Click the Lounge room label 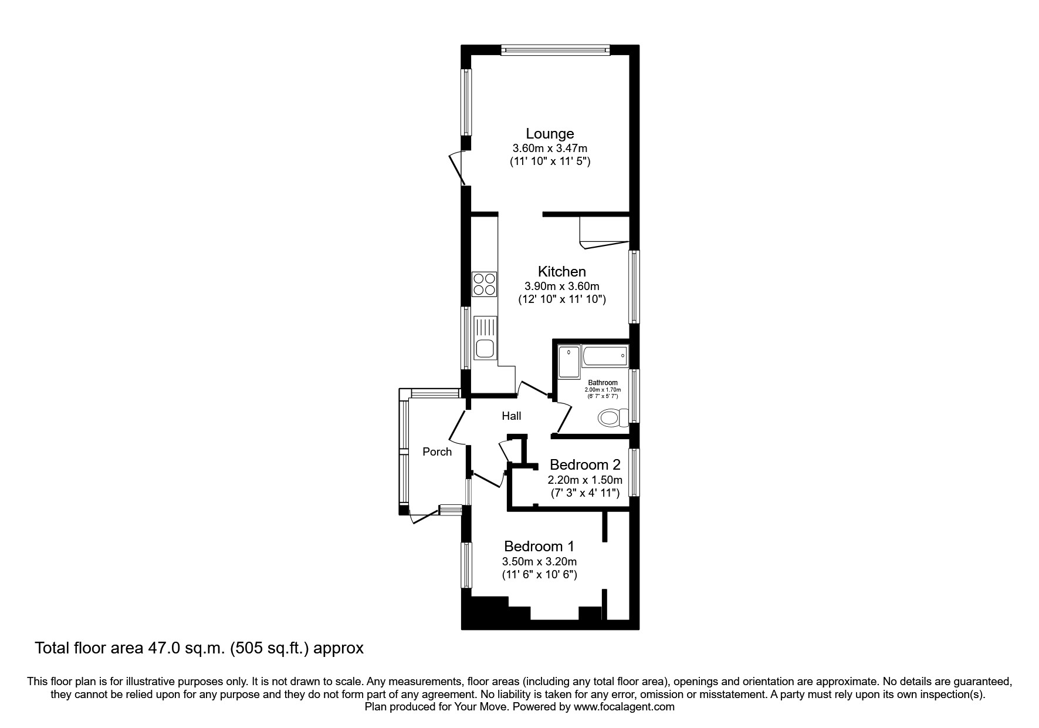coord(549,133)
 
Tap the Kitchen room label coord(561,271)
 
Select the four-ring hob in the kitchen coord(485,284)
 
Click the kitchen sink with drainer coord(485,338)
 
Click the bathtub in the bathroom coord(605,356)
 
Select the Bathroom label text coord(603,383)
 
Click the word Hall coord(511,416)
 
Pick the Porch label coord(437,451)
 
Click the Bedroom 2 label coord(584,465)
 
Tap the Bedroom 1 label coord(539,546)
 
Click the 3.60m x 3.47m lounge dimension coord(549,149)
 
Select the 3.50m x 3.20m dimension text coord(539,561)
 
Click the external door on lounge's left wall coord(457,168)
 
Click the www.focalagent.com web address coord(624,707)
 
